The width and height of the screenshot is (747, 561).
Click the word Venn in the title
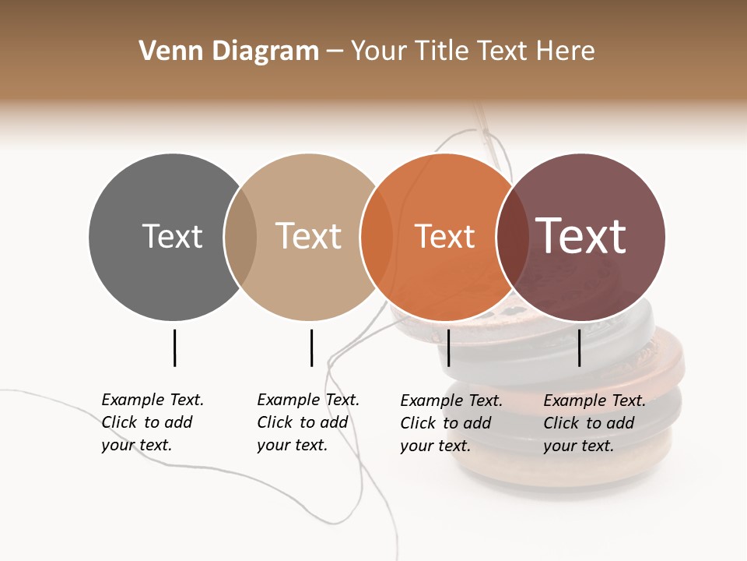(165, 51)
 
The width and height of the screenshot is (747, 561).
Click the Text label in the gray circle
(172, 236)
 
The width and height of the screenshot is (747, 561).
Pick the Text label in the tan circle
(308, 236)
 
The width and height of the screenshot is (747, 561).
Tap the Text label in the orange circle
(444, 236)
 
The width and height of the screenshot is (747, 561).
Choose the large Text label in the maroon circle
(580, 236)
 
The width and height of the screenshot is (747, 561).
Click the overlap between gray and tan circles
(240, 237)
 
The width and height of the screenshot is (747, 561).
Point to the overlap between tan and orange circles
(377, 237)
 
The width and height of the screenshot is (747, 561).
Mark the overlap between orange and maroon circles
(512, 237)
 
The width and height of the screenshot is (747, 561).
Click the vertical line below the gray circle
(175, 348)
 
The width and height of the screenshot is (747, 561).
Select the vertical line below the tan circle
(311, 348)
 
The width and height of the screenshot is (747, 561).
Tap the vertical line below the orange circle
(449, 348)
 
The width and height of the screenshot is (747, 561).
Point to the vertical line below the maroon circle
(580, 348)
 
